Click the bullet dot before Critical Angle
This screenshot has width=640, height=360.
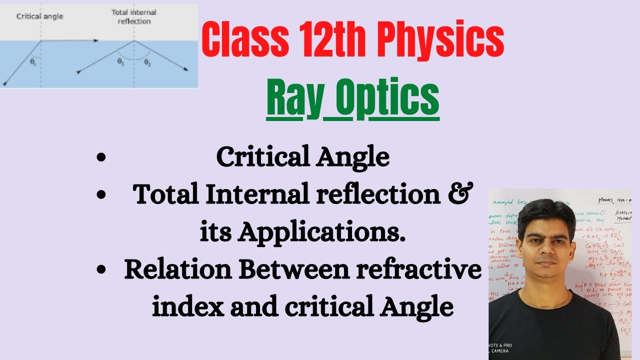tap(101, 158)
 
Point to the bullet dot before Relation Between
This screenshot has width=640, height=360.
tap(101, 270)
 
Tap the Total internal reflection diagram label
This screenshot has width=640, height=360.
tap(133, 16)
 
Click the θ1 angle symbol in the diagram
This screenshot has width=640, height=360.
tap(120, 62)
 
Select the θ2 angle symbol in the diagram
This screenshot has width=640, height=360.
tap(147, 62)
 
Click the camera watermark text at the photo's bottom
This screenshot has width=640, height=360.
tap(502, 348)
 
